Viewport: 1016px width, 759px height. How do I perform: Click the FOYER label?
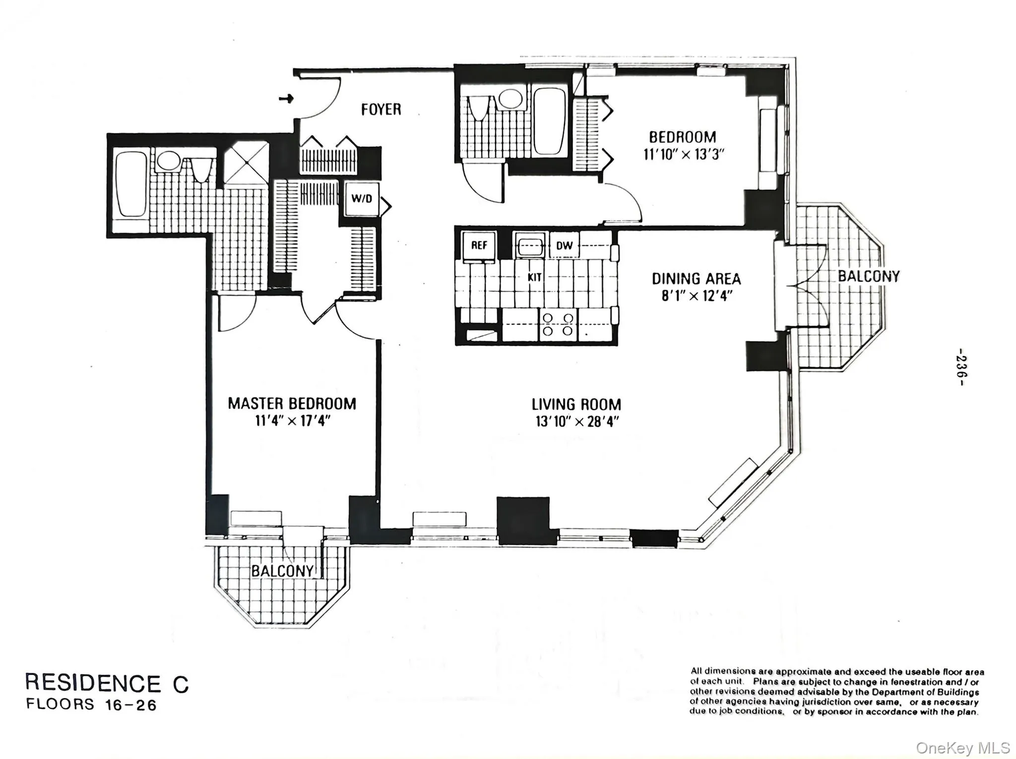point(381,109)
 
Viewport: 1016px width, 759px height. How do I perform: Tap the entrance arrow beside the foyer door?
point(286,99)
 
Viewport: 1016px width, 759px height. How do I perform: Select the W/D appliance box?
point(361,199)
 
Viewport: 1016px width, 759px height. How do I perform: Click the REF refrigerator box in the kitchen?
point(479,245)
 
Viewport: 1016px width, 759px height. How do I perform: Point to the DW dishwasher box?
point(564,245)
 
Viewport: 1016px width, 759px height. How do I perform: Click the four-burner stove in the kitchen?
point(558,324)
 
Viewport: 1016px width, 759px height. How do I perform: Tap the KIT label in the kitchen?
point(534,277)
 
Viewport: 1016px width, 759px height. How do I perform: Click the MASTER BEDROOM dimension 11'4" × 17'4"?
point(293,421)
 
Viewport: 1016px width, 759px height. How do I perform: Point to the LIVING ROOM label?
point(576,404)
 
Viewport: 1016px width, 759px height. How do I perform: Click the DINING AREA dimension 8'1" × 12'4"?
point(697,296)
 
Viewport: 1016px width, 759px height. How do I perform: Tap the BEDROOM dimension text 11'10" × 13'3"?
point(684,154)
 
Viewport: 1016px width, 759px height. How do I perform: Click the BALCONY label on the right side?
point(868,276)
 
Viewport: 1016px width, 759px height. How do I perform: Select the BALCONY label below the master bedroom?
point(282,571)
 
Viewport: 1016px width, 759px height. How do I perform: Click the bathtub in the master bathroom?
point(131,184)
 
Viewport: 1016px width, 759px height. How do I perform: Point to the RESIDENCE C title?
point(107,683)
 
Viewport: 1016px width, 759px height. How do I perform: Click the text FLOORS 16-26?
point(91,704)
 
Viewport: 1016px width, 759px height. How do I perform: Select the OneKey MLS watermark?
point(962,748)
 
